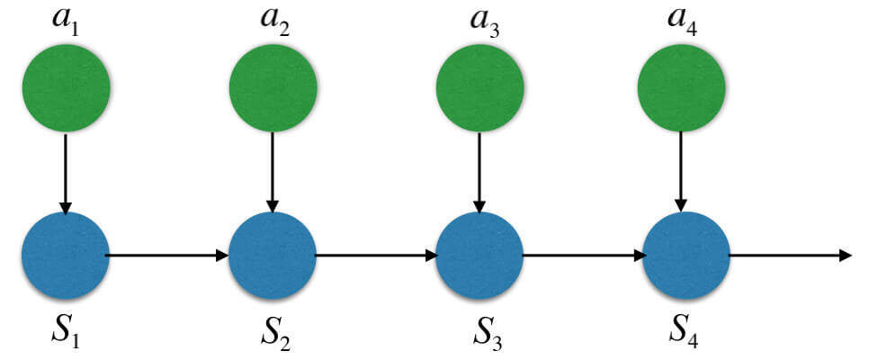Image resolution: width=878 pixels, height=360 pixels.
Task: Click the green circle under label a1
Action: click(66, 87)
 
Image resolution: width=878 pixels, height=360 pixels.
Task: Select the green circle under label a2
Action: click(273, 87)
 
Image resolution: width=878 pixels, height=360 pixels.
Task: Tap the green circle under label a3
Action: click(479, 87)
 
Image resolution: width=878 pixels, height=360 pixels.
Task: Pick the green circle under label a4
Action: click(681, 87)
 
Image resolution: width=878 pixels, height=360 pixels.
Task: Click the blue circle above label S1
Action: click(66, 256)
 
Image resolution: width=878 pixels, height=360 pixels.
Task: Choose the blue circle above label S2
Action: click(273, 256)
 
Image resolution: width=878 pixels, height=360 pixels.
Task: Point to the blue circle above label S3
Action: click(479, 256)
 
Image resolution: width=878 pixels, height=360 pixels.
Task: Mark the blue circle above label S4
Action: click(686, 256)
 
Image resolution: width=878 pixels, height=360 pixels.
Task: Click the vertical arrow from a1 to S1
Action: click(66, 171)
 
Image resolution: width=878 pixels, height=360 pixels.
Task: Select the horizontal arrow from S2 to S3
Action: click(376, 256)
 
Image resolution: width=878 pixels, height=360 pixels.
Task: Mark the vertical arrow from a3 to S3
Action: click(479, 171)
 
